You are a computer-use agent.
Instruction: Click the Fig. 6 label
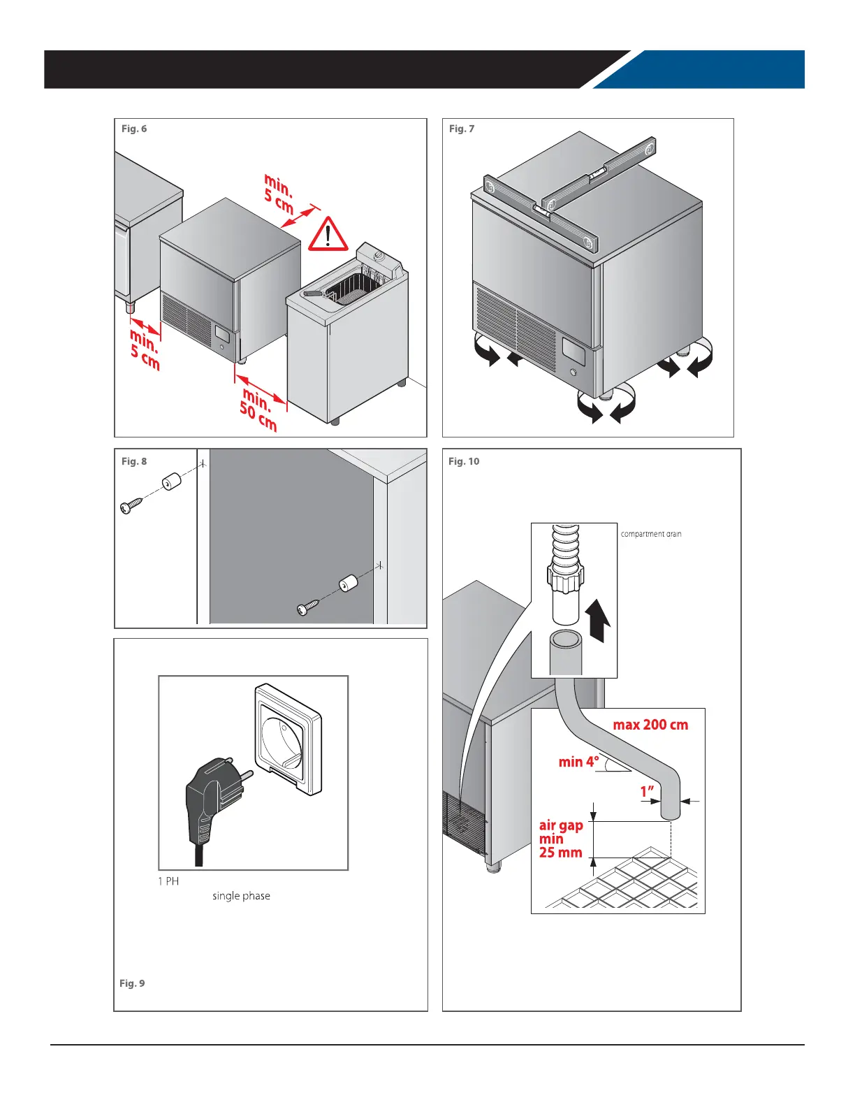tap(134, 129)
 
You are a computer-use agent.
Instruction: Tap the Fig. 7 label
tap(461, 129)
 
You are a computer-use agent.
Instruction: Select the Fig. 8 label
tap(134, 461)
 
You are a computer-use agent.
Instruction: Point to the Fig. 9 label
tap(132, 983)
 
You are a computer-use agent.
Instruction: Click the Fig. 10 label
tap(464, 461)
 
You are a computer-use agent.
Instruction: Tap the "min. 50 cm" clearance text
tap(258, 410)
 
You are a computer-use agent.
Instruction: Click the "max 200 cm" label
tap(650, 725)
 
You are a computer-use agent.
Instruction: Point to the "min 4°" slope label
tap(578, 762)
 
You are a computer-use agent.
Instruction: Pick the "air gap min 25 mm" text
tap(560, 839)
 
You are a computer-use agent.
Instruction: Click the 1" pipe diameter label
tap(648, 792)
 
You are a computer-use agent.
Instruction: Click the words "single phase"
tap(241, 896)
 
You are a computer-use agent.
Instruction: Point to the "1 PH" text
tap(168, 881)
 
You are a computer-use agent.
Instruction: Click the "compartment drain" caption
tap(650, 534)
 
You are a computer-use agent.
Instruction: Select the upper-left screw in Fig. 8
tap(131, 505)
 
